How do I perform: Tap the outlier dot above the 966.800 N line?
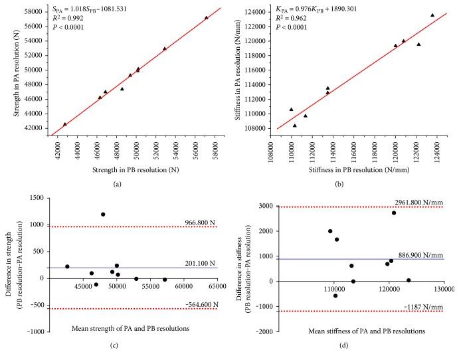point(103,215)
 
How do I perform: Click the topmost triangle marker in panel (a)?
point(206,18)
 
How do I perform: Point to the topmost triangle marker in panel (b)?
point(432,15)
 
